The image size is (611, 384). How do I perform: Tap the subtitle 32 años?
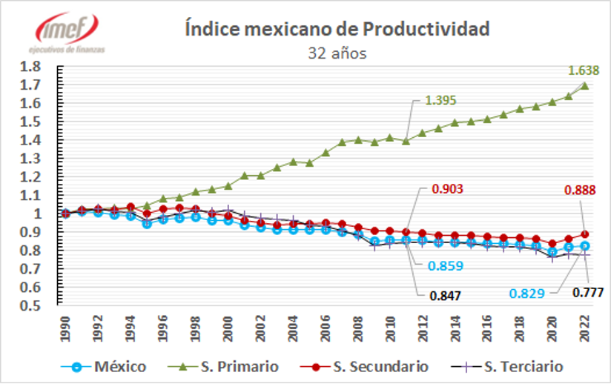click(x=337, y=53)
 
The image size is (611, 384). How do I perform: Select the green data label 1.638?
click(x=583, y=71)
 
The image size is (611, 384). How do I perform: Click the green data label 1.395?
click(x=440, y=101)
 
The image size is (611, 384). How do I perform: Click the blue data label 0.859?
click(x=448, y=265)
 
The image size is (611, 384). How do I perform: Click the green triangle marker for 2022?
click(x=586, y=85)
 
